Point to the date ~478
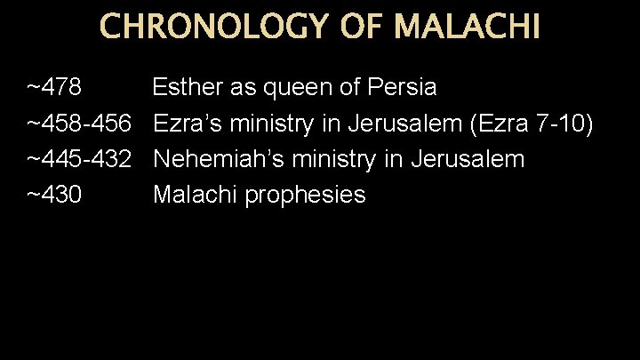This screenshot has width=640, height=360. (x=55, y=88)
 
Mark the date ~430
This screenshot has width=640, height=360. (x=55, y=195)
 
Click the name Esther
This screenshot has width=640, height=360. (x=186, y=88)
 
